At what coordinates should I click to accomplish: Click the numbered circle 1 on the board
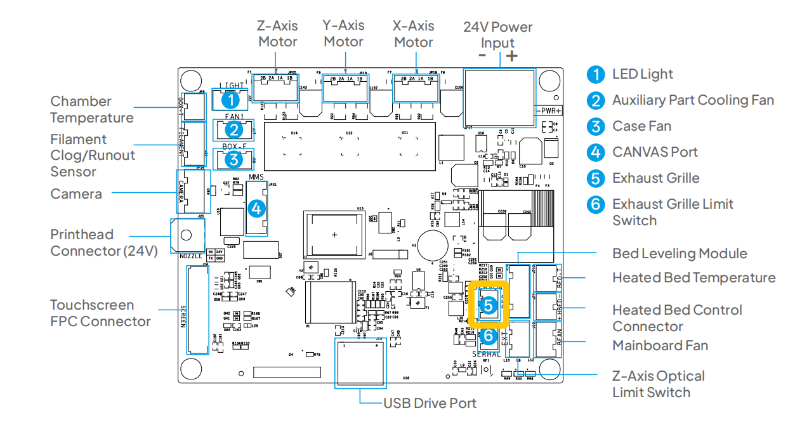click(231, 99)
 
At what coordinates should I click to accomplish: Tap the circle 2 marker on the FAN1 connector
click(234, 130)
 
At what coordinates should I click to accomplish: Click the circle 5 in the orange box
click(487, 305)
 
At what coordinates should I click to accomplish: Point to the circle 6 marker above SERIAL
click(488, 335)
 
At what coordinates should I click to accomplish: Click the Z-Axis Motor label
click(277, 34)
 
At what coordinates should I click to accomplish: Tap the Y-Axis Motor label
click(343, 34)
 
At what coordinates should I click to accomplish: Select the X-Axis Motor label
click(414, 34)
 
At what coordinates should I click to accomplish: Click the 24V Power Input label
click(497, 35)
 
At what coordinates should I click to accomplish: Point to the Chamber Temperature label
click(92, 110)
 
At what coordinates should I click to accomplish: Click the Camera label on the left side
click(76, 194)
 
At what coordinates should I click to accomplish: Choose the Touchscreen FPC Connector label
click(100, 313)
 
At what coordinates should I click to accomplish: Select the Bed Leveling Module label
click(680, 254)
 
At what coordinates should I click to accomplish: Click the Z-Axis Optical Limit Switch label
click(658, 384)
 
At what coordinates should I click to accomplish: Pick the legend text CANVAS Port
click(655, 152)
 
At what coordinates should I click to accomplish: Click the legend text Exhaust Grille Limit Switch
click(673, 212)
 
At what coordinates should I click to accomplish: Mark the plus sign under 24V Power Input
click(511, 55)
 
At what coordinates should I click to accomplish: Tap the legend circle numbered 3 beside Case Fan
click(596, 126)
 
